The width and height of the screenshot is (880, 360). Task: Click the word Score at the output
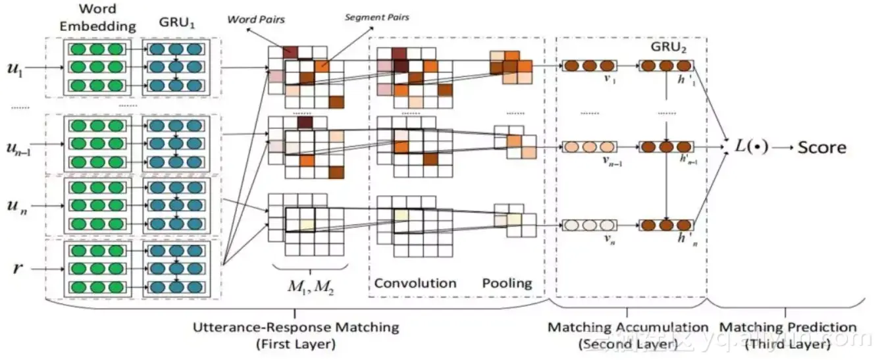pyautogui.click(x=822, y=147)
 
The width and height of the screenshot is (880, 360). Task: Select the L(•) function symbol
pyautogui.click(x=750, y=146)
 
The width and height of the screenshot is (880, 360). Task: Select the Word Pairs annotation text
pyautogui.click(x=256, y=20)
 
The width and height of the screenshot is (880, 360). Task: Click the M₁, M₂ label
pyautogui.click(x=309, y=286)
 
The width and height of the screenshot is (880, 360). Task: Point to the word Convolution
pyautogui.click(x=415, y=283)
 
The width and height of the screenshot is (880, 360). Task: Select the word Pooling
pyautogui.click(x=507, y=283)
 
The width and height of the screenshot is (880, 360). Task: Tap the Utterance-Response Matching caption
pyautogui.click(x=296, y=327)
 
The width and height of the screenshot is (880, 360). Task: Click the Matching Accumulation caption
pyautogui.click(x=628, y=327)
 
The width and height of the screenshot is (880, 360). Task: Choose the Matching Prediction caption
pyautogui.click(x=787, y=327)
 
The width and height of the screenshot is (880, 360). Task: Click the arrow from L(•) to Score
pyautogui.click(x=781, y=147)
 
